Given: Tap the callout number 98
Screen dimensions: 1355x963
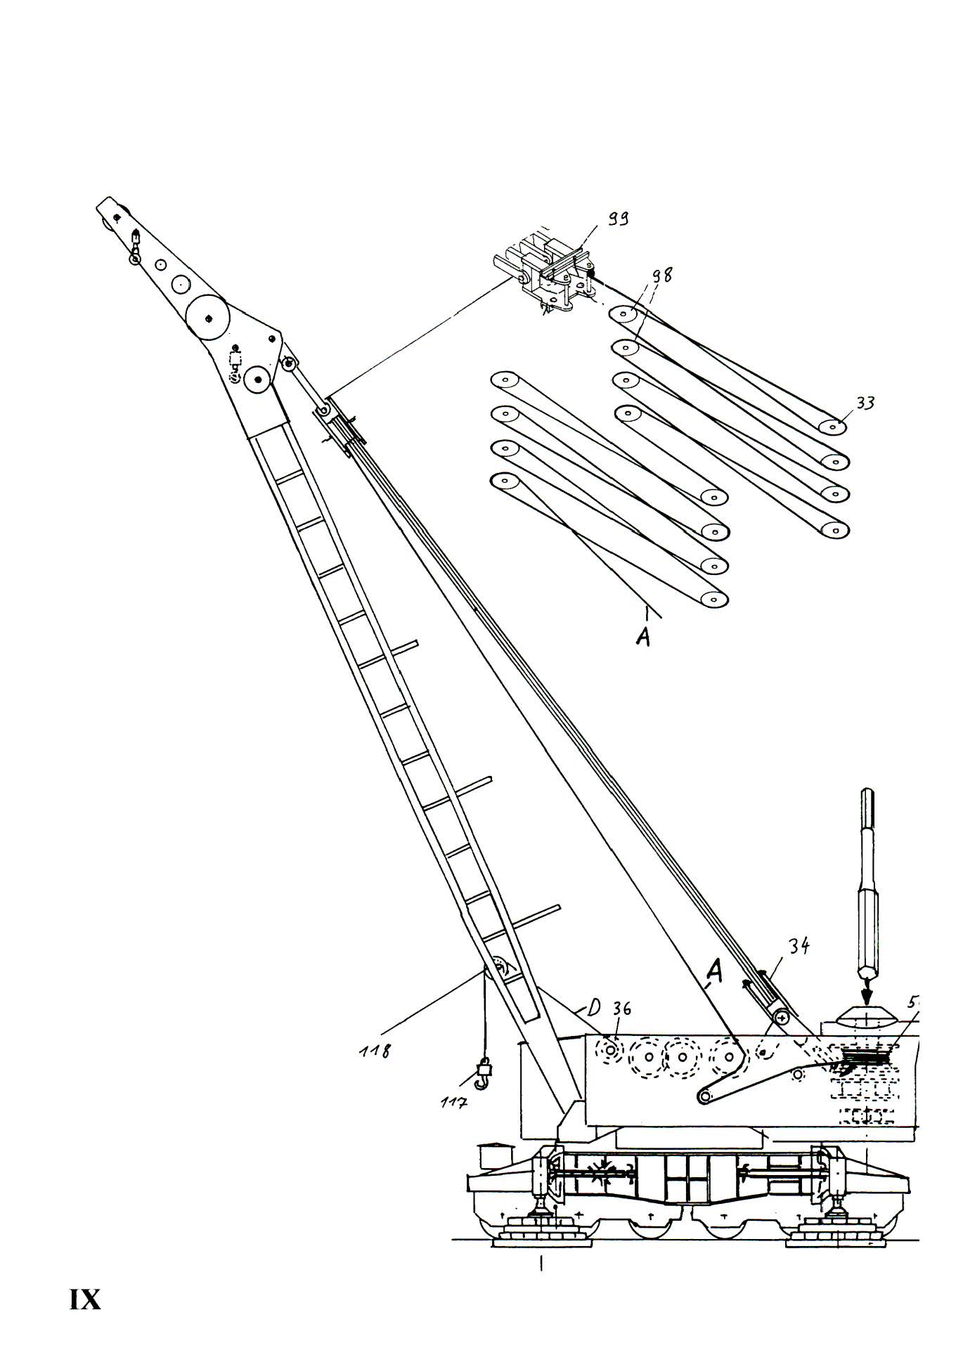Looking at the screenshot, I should tap(660, 275).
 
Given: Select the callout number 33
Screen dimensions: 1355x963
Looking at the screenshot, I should tap(865, 403).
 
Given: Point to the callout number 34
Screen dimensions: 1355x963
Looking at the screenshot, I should tap(797, 947).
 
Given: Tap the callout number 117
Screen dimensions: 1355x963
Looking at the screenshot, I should tap(454, 1102).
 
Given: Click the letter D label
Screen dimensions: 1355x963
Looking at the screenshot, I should tap(593, 1009).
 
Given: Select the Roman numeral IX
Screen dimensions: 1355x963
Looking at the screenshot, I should tap(85, 1299).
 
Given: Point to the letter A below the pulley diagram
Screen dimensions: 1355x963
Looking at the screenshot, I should tap(642, 636).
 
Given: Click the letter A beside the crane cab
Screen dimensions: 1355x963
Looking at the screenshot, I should tap(713, 972).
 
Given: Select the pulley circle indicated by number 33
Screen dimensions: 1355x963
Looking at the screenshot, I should tap(834, 426).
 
